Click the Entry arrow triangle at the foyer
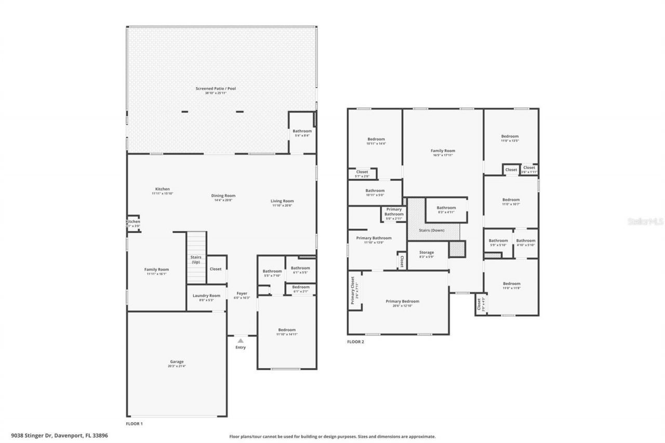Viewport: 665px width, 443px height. coord(241,341)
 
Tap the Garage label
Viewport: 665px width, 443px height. coord(177,361)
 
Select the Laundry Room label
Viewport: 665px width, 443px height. coord(207,296)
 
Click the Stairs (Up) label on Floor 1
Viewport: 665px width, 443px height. coord(196,260)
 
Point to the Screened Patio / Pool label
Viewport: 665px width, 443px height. coord(216,89)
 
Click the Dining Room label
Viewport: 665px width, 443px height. coord(223,196)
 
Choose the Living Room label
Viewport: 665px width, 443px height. coord(283,201)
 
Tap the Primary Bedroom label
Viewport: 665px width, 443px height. coord(402,301)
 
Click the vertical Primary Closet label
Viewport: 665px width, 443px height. coord(353,290)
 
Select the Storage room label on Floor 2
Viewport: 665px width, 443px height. coord(427,252)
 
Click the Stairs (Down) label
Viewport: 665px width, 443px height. coord(432,230)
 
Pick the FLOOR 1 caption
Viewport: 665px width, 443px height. coord(134,424)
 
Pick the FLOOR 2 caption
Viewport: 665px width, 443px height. coord(355,342)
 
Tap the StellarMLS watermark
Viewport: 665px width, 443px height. coord(645,221)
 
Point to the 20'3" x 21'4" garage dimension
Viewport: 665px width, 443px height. coord(177,366)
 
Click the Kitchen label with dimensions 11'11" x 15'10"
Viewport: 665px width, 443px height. coord(162,189)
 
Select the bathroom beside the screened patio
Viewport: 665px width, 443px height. coord(302,131)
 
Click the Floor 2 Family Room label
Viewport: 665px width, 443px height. coord(443,151)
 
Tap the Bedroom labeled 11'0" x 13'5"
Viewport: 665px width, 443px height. coord(510,136)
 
